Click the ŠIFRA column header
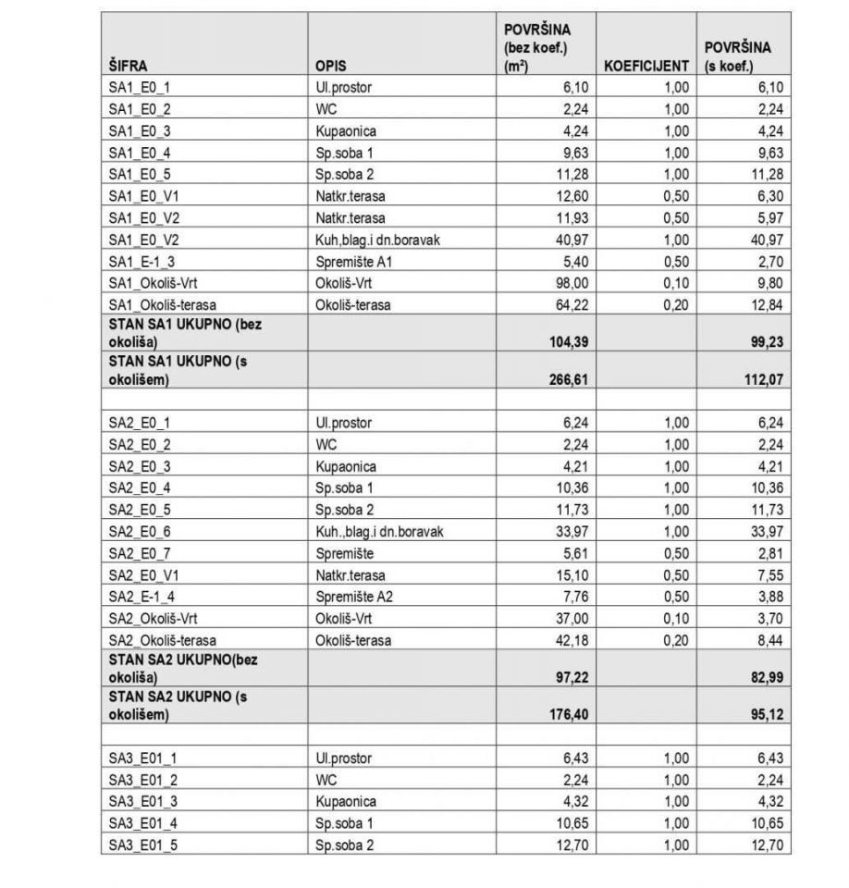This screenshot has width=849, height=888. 128,67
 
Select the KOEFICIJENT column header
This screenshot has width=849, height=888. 646,67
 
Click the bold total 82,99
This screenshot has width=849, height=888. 767,678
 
